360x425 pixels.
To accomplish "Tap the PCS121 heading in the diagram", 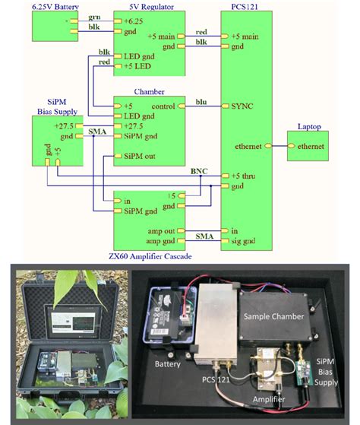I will click(x=242, y=6).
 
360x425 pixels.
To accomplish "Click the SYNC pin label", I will click(x=242, y=106).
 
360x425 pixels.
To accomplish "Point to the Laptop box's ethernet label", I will click(x=311, y=146).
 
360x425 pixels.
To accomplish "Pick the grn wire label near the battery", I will click(x=93, y=15).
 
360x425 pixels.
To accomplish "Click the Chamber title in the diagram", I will click(x=149, y=91).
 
